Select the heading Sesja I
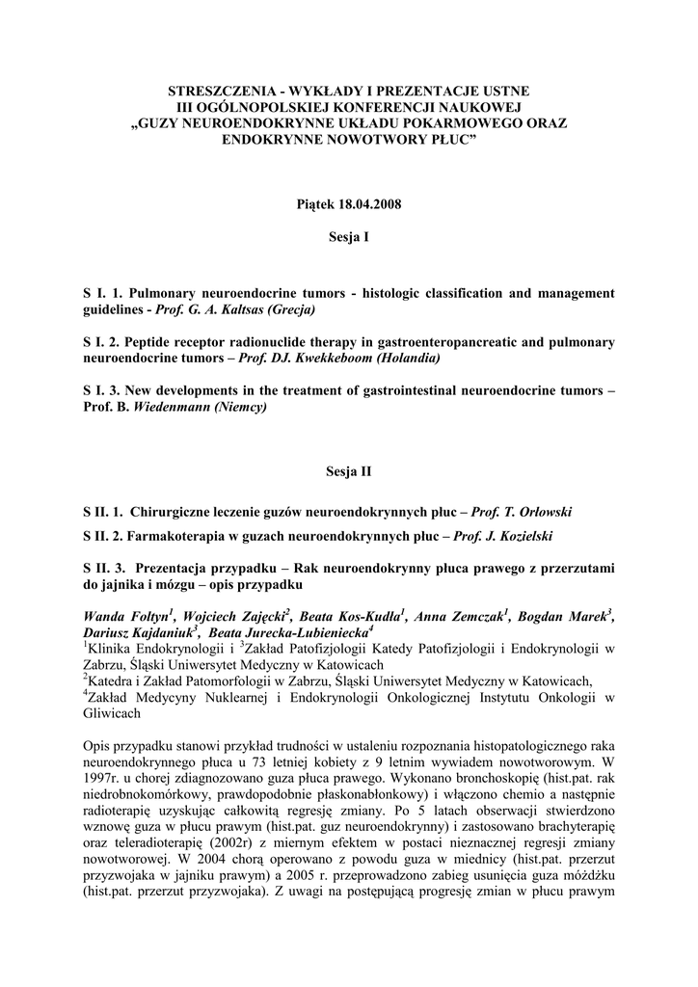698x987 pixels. pyautogui.click(x=350, y=236)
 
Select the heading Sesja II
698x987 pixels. pyautogui.click(x=350, y=472)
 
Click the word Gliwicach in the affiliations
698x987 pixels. pyautogui.click(x=113, y=714)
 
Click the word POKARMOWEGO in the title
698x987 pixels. pyautogui.click(x=463, y=124)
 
